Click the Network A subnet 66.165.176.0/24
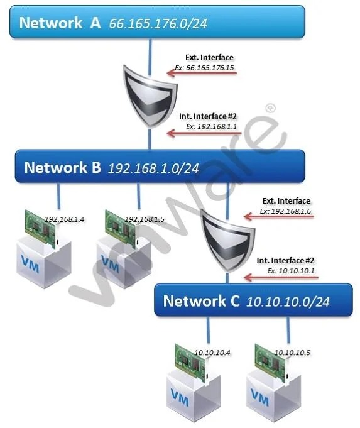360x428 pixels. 158,23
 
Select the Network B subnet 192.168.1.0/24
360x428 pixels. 153,168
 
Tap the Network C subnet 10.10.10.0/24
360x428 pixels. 288,302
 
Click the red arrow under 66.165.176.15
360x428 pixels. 202,73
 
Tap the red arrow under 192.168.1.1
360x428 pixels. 204,133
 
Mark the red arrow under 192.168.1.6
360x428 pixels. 279,217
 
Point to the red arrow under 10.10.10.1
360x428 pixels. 281,278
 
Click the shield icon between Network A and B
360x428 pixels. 150,96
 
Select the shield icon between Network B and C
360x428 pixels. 227,240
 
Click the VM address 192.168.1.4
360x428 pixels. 65,219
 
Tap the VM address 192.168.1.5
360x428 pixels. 145,219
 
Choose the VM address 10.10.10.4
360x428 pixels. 212,353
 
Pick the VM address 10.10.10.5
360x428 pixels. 292,353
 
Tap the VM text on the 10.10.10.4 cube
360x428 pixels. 180,397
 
